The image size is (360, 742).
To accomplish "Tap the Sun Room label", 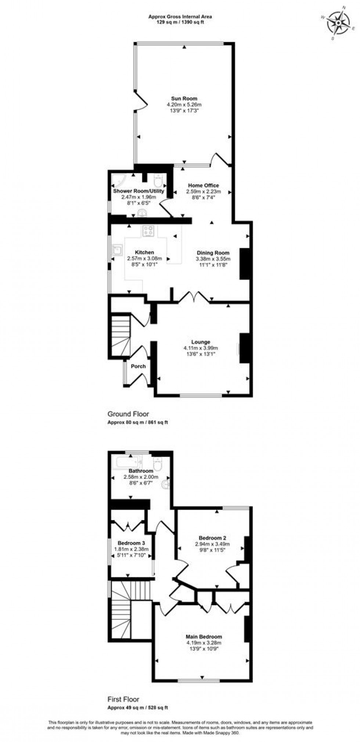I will (184, 98).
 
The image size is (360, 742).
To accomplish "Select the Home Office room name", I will (204, 186).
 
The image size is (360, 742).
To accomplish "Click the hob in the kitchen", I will (148, 231).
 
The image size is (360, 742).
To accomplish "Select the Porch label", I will (138, 366).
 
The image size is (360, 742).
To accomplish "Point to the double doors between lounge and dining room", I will (194, 297).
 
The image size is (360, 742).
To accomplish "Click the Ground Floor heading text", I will (128, 414).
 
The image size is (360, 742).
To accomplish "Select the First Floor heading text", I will (123, 699).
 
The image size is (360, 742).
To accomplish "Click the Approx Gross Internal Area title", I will (180, 17).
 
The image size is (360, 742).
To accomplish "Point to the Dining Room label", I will (213, 253).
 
